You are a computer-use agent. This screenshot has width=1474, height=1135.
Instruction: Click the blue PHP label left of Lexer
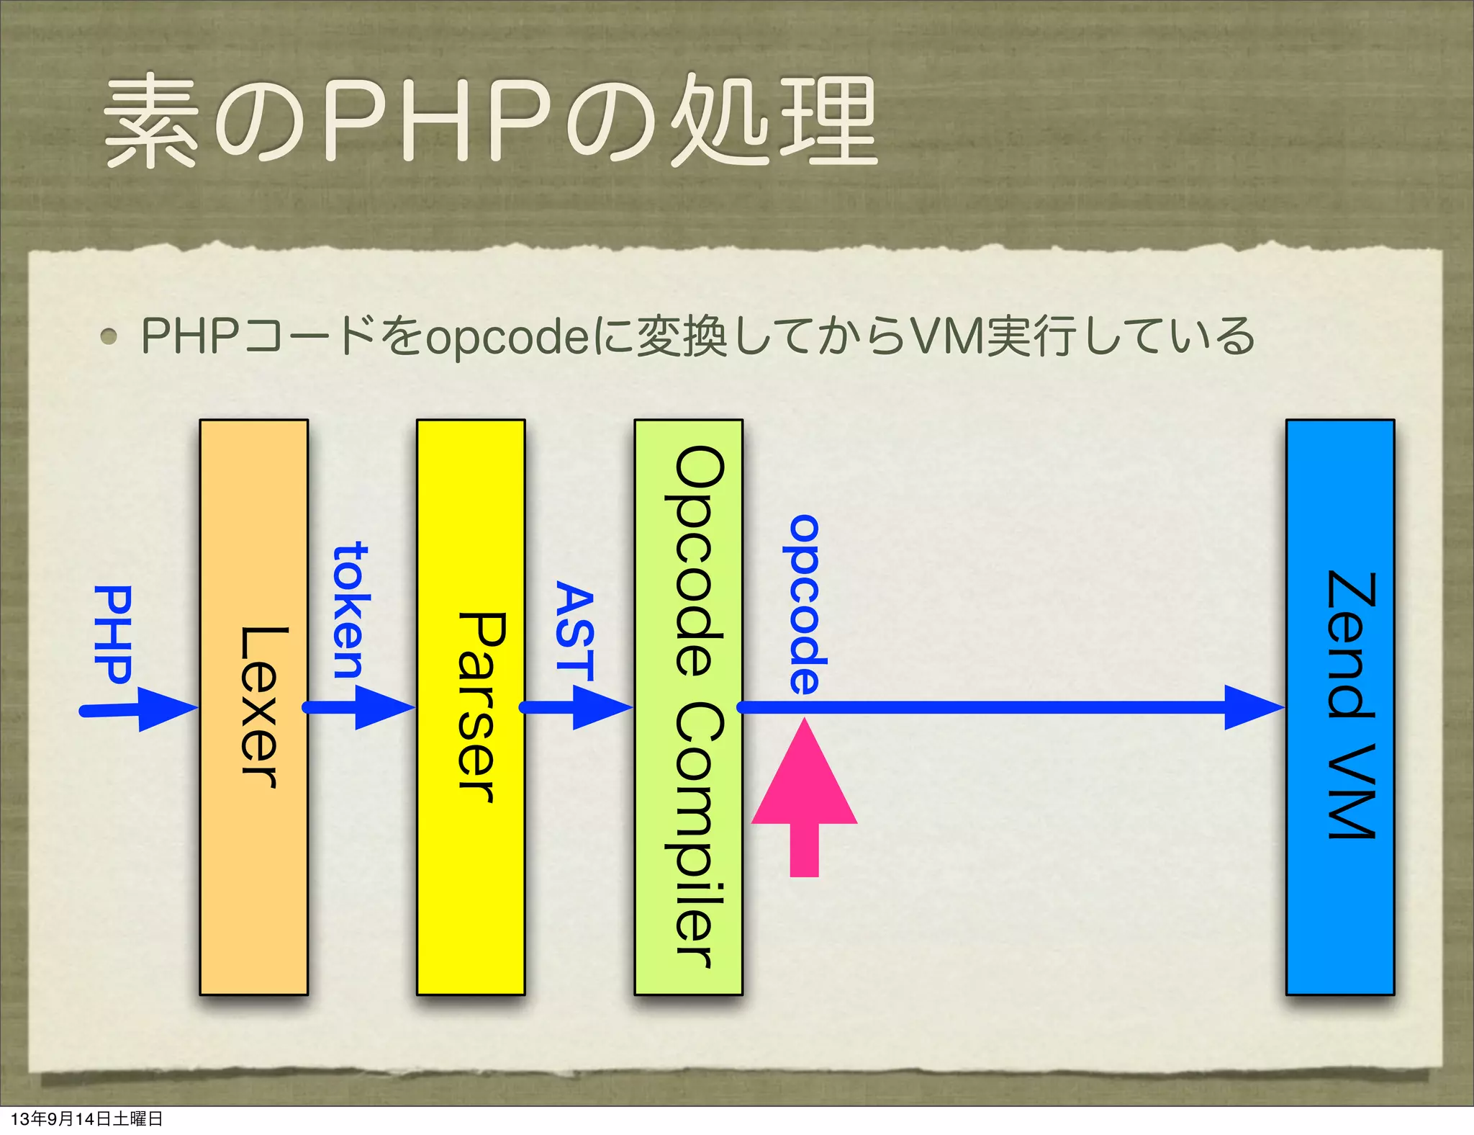114,634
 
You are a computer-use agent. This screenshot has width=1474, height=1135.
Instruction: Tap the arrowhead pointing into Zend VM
1252,707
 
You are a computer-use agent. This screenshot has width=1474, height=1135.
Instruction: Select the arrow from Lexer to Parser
360,707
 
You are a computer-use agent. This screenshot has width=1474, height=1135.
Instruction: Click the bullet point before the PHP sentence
109,336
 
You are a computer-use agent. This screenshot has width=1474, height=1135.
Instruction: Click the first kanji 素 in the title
150,121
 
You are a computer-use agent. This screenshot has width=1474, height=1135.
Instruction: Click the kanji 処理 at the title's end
774,121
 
